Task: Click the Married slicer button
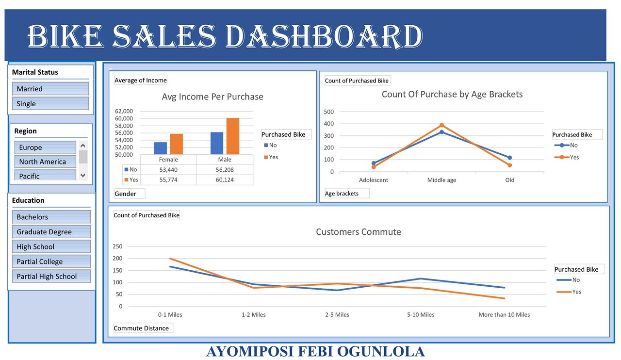click(x=50, y=89)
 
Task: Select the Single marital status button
click(x=50, y=103)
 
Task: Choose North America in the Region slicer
click(x=45, y=162)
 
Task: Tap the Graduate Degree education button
click(x=51, y=232)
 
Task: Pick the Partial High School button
click(x=51, y=276)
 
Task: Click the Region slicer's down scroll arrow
click(x=83, y=175)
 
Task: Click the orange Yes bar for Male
click(x=233, y=136)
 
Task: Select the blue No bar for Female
click(x=161, y=148)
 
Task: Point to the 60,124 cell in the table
click(x=225, y=180)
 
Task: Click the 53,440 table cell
click(x=168, y=169)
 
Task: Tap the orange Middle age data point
click(x=441, y=125)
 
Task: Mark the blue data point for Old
click(x=510, y=158)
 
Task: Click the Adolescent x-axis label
click(x=374, y=180)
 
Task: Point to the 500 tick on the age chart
click(x=329, y=112)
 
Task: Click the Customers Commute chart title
click(x=359, y=232)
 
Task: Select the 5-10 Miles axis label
click(x=421, y=314)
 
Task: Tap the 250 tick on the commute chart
click(x=117, y=246)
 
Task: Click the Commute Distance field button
click(x=142, y=328)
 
